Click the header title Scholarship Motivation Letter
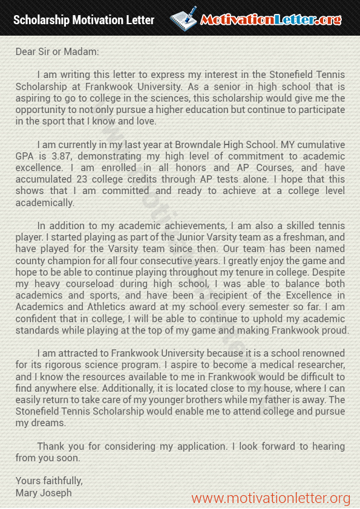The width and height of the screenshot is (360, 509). tap(84, 20)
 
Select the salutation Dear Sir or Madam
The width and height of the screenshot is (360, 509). tap(57, 51)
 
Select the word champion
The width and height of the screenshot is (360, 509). tap(65, 261)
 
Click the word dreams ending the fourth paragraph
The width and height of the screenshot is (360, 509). tap(49, 423)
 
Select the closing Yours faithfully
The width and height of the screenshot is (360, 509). tap(49, 481)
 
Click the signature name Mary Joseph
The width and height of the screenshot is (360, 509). tap(44, 492)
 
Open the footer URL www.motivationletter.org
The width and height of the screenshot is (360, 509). tap(270, 498)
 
